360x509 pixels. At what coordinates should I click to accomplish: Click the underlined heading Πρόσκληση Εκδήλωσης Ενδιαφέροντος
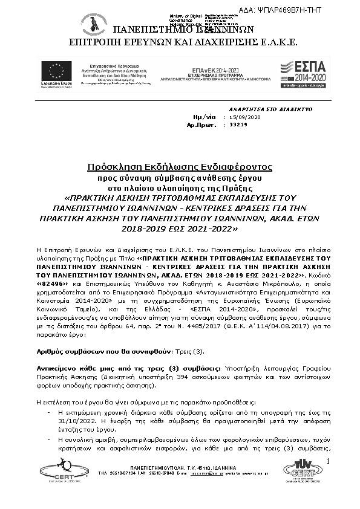[180, 166]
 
